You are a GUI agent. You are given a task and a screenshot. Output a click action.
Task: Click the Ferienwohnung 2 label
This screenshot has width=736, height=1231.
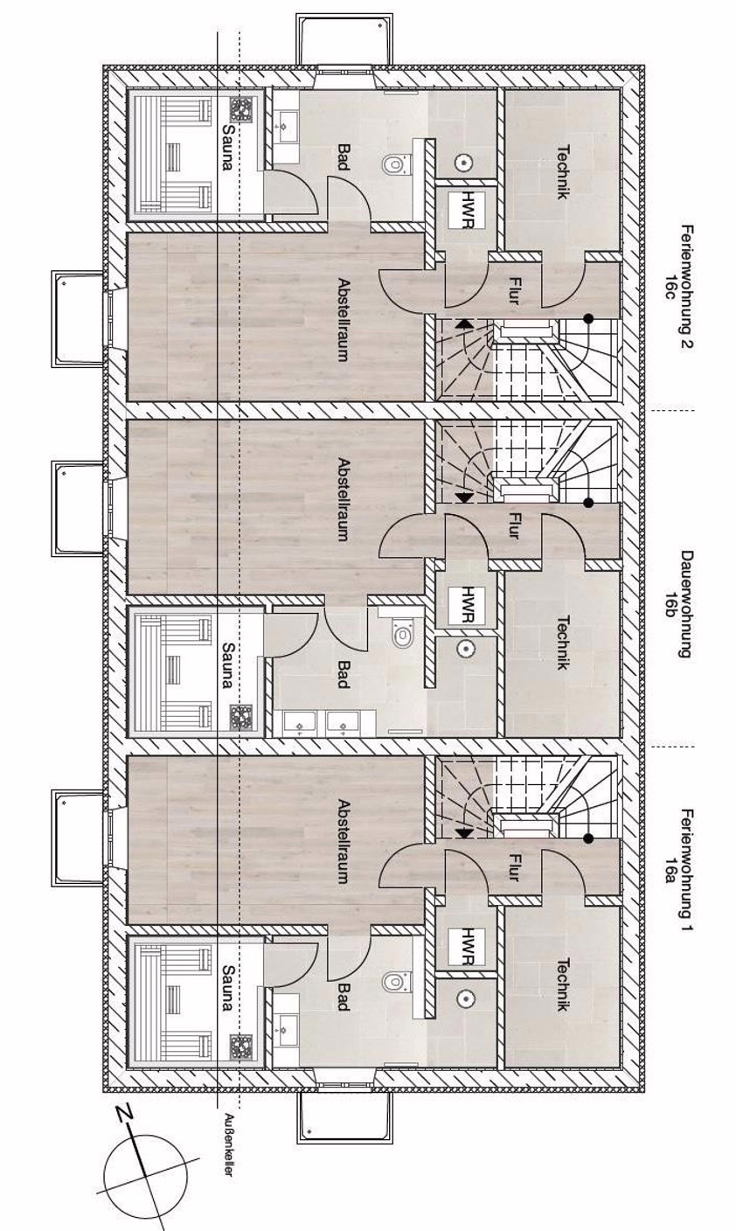coord(686,287)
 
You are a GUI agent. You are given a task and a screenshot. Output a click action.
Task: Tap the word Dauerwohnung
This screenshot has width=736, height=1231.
coord(686,604)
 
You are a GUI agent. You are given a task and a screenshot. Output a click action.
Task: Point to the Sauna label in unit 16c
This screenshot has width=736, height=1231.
coord(227,147)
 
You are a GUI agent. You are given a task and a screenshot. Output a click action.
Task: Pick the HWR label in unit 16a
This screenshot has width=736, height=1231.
coord(467,947)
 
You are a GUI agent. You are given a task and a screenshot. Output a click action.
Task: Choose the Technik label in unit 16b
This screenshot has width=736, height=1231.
coord(562,642)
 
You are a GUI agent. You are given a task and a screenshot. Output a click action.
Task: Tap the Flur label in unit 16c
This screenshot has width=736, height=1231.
coord(514,291)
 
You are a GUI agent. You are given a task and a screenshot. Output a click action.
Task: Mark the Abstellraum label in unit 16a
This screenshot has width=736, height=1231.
coord(344,841)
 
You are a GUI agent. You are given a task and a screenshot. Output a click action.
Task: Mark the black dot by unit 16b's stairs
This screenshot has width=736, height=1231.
coord(588,503)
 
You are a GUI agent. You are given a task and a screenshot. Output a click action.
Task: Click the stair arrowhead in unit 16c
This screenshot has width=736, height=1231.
coord(464,323)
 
